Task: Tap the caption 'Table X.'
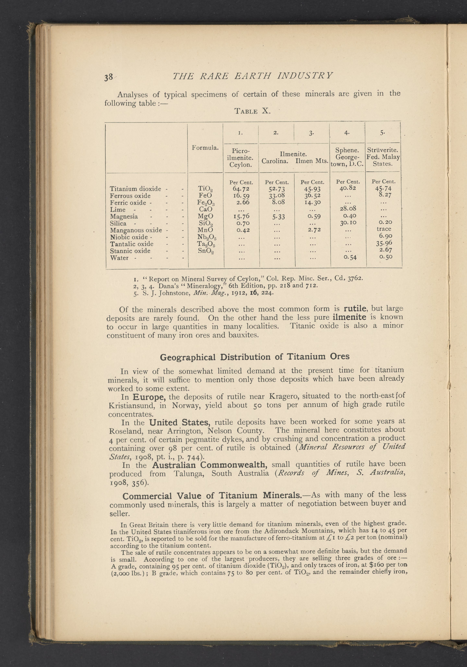coord(252,111)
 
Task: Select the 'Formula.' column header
coord(205,148)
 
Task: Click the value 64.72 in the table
coord(241,189)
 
